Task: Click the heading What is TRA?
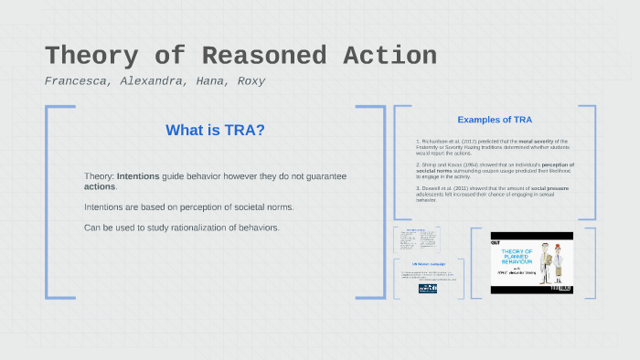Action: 216,131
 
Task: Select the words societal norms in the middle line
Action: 261,206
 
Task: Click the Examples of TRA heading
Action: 495,120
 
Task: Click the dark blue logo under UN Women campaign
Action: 428,287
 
